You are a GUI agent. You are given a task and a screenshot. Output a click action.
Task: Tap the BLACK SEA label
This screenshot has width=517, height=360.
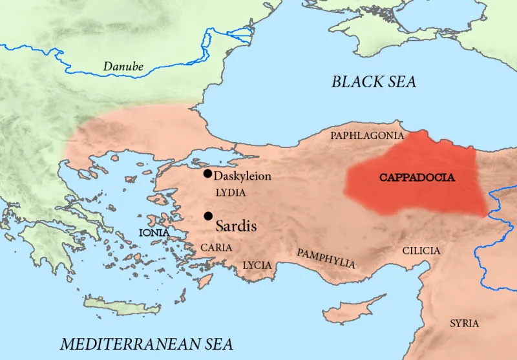tap(374, 81)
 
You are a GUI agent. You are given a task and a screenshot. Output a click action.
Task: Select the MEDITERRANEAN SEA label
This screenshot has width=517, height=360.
tap(146, 343)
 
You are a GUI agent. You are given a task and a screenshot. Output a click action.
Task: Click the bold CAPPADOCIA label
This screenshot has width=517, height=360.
tap(417, 177)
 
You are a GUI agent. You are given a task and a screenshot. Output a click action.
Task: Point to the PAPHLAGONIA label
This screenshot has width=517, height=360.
tap(366, 136)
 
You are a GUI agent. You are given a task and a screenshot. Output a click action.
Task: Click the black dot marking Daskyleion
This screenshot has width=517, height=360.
tap(207, 173)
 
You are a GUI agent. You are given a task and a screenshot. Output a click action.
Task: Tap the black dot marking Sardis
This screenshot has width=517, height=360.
tap(207, 216)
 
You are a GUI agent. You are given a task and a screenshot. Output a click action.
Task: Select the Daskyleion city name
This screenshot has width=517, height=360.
tap(242, 176)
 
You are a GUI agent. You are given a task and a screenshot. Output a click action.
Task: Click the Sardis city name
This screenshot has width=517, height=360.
tap(236, 226)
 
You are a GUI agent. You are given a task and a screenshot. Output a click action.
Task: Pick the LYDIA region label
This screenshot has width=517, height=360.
tap(230, 193)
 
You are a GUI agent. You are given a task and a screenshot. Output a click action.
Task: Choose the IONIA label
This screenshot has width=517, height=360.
tap(154, 232)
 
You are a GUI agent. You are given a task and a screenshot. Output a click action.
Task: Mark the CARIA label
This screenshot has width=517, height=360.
tap(216, 248)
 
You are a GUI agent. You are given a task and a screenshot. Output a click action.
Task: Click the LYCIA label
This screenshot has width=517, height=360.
tap(257, 265)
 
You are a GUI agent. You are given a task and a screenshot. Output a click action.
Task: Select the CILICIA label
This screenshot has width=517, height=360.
tap(421, 251)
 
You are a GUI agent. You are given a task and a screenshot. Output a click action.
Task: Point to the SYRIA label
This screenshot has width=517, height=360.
tap(464, 323)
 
